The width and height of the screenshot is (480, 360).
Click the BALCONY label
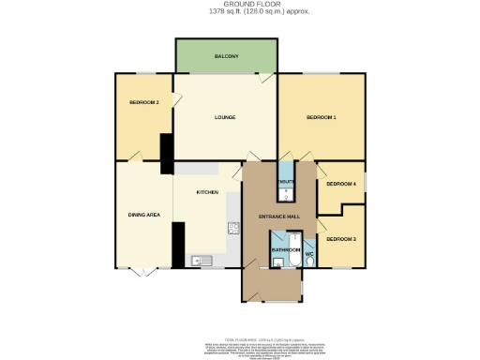point(225,55)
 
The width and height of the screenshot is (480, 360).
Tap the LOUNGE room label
point(224,117)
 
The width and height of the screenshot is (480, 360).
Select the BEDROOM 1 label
point(321,117)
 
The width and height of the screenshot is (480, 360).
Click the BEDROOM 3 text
point(341,239)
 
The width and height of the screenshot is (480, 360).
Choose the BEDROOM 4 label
point(341,184)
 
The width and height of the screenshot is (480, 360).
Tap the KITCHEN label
point(207,192)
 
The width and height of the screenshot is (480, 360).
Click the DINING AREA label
point(143,215)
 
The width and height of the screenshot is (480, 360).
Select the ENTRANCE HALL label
point(280,216)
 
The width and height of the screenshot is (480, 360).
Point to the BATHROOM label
point(284,250)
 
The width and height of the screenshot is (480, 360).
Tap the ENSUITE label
point(287,182)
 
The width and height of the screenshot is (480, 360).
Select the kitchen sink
point(198,261)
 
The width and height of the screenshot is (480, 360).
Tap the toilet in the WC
point(309,262)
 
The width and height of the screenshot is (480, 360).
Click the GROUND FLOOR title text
point(241,5)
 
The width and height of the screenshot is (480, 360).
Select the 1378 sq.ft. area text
point(241,12)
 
